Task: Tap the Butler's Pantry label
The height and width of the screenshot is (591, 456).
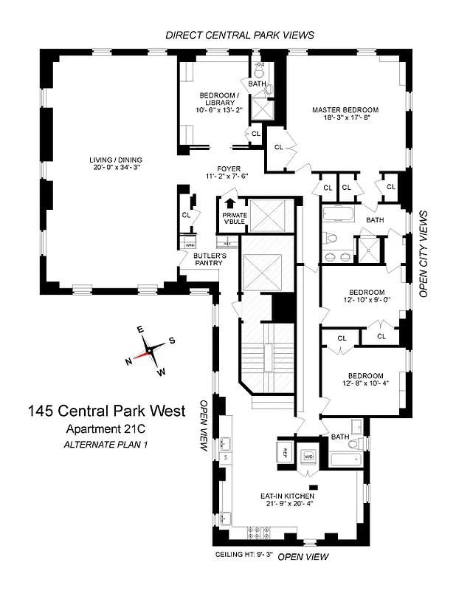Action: click(x=207, y=259)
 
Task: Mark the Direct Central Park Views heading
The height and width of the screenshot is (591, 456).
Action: click(x=239, y=35)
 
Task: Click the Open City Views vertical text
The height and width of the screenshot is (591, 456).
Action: click(x=424, y=253)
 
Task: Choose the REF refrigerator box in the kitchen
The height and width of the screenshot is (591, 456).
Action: click(x=285, y=452)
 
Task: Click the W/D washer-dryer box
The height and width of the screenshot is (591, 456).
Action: click(x=310, y=457)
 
